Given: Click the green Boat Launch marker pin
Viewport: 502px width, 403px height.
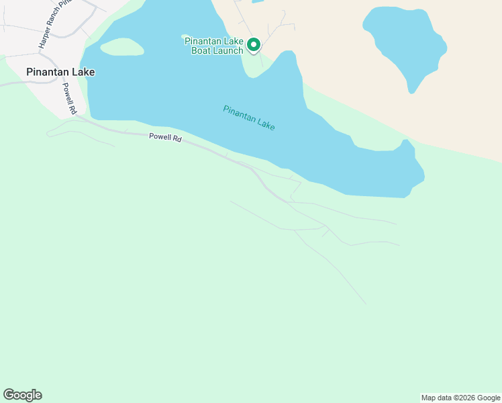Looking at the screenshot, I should pos(254,45).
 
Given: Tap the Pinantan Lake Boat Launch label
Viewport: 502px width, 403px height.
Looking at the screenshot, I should pos(214,46).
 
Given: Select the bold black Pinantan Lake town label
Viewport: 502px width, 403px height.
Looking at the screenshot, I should pos(60,72).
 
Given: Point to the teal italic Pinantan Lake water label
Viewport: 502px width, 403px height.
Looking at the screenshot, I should pos(249,118).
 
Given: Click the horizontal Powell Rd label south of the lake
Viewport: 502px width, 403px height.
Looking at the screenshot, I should pos(165,138).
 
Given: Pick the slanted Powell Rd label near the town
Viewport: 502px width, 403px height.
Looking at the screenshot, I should pos(70,98).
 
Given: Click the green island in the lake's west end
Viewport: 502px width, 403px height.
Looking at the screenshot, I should pos(121,46).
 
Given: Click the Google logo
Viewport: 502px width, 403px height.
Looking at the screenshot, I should pos(22,395).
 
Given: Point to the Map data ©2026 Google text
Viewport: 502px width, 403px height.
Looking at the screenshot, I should pos(461,398).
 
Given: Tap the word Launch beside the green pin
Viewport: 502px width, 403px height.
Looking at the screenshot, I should pos(228,50).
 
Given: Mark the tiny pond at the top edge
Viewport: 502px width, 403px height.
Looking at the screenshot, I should pos(258,1).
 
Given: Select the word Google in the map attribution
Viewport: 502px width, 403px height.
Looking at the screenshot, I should pos(489,398).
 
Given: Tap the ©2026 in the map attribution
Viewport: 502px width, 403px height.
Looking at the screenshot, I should pos(464,398).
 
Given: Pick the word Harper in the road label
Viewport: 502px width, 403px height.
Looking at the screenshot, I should pos(44,40).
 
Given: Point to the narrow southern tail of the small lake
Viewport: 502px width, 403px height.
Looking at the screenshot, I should pos(413,86).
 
